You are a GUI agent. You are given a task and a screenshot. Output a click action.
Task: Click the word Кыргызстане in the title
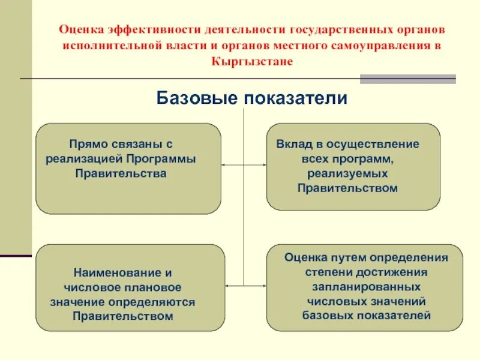tap(252, 62)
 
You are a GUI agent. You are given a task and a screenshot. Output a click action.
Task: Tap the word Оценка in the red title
tap(80, 29)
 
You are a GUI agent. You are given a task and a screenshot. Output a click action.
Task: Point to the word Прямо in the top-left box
tap(87, 144)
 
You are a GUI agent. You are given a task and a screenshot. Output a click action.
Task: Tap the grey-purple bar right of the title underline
tap(407, 79)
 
